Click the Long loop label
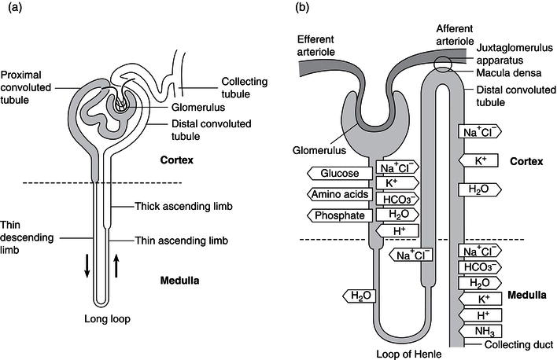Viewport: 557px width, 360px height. point(106,318)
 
